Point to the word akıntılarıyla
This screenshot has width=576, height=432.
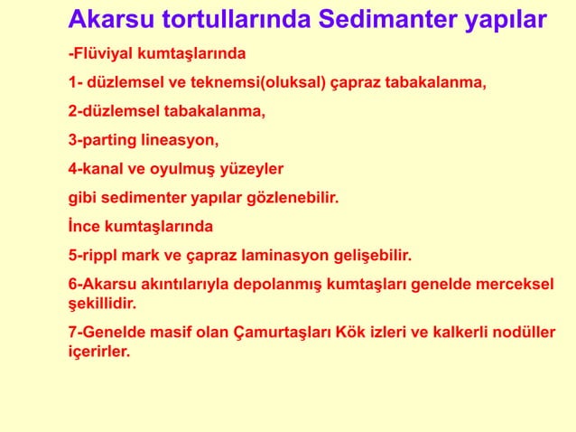190,283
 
